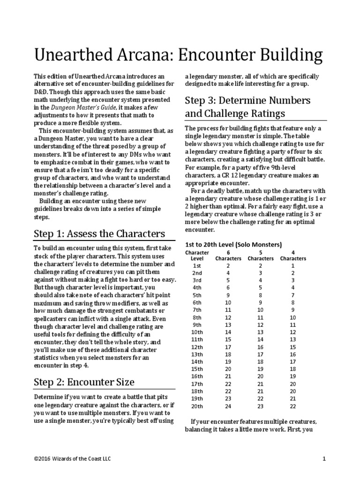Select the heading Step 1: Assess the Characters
coord(99,233)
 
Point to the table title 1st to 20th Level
coord(233,245)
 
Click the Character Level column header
coord(197,255)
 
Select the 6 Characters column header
coord(228,255)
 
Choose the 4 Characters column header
coord(293,255)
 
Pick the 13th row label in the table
coord(197,355)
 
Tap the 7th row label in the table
coord(197,310)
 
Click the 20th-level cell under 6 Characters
coord(228,406)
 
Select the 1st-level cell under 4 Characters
coord(293,265)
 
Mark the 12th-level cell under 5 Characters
coord(261,347)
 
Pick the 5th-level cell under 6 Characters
coord(228,295)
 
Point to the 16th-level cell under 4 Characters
coord(293,376)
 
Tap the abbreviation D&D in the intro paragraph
coord(41,92)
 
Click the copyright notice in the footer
coord(73,459)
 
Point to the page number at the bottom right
coord(324,459)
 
